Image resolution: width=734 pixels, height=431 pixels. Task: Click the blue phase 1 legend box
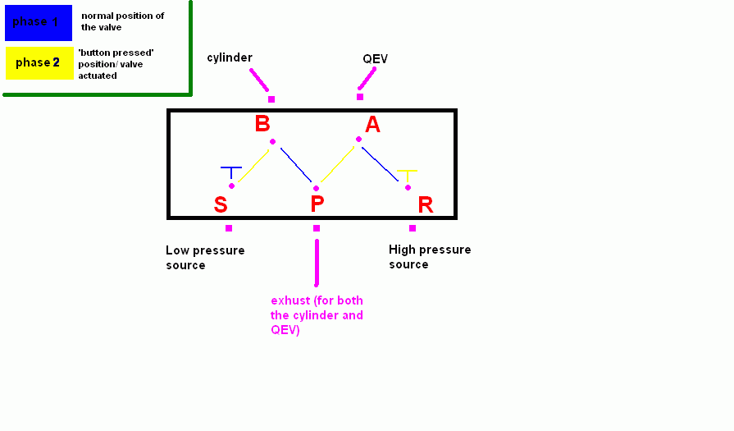click(39, 22)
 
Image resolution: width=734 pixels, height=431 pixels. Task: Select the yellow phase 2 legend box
click(39, 63)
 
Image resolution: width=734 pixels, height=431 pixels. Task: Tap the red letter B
click(262, 124)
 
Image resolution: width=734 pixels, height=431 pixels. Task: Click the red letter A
click(373, 125)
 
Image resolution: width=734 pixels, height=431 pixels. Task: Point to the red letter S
click(220, 204)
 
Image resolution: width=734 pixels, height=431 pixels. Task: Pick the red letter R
click(425, 204)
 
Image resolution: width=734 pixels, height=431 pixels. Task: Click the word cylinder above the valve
click(230, 57)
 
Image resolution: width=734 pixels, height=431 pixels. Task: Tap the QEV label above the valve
click(376, 59)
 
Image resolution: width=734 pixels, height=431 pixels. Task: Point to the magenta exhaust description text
click(317, 315)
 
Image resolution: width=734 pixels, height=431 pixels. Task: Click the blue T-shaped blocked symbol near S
click(231, 172)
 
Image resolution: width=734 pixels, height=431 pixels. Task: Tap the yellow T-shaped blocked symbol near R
click(407, 175)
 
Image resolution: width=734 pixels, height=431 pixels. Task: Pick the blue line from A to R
click(383, 166)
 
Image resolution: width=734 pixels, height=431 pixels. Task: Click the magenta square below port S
click(229, 228)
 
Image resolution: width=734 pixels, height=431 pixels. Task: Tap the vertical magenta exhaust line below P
click(317, 262)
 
